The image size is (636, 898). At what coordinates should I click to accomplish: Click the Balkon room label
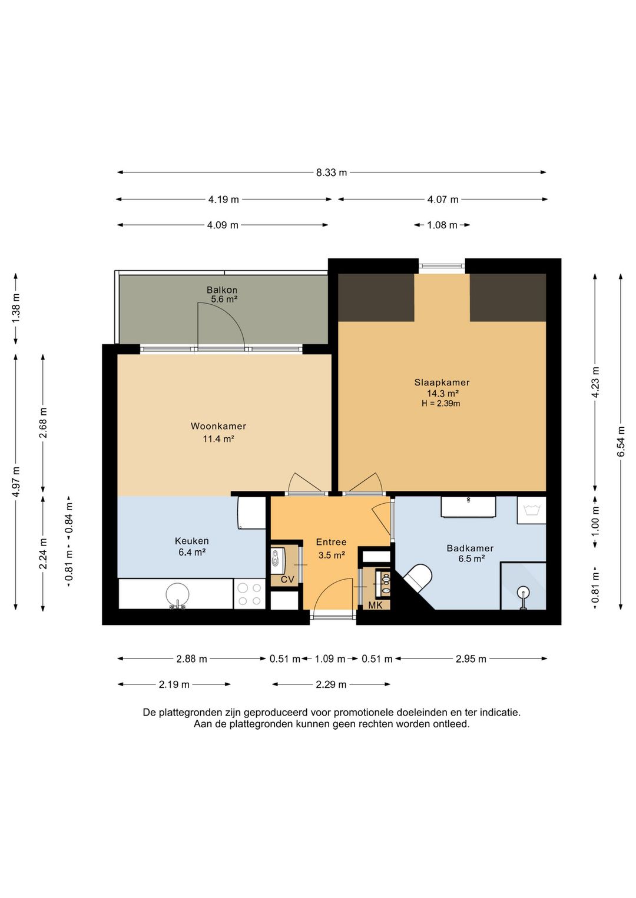click(221, 290)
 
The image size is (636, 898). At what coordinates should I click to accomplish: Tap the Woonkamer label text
click(218, 425)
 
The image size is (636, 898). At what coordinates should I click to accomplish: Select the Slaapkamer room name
click(442, 382)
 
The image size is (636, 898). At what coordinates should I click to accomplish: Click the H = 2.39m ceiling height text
click(440, 403)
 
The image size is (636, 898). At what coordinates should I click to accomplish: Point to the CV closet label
click(287, 579)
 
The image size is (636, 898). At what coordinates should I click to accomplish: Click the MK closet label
click(375, 606)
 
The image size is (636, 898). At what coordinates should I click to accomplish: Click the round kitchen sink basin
click(177, 594)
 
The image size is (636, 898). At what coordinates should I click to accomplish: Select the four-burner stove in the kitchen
click(249, 594)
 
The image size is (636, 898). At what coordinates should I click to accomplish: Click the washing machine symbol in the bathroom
click(531, 510)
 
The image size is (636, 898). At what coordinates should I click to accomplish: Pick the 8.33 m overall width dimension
click(332, 172)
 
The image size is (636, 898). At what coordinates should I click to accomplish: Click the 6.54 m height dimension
click(621, 441)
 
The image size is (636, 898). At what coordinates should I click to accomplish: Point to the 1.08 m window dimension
click(442, 225)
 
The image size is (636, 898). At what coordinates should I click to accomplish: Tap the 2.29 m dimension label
click(331, 684)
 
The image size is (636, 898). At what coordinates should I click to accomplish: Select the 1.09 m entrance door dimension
click(330, 658)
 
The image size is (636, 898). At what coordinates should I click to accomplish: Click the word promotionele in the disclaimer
click(364, 713)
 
